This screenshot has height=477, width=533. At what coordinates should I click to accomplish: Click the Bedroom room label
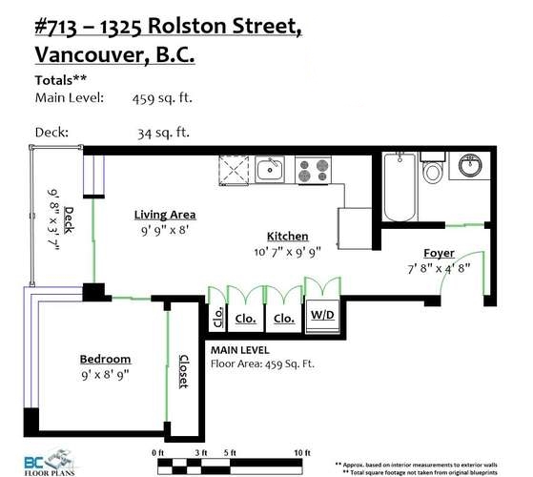(106, 359)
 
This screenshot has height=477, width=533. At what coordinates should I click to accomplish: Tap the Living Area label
(165, 215)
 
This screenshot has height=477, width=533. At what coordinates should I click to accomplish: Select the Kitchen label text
(288, 236)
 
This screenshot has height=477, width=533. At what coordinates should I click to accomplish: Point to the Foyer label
(439, 254)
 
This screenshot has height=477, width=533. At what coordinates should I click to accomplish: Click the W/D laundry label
(322, 315)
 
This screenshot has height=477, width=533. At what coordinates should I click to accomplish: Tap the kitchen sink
(270, 170)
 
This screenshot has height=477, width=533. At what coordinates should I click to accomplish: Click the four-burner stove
(313, 170)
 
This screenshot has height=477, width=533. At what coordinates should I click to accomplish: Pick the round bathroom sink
(470, 165)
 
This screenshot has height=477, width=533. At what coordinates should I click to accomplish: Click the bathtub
(400, 187)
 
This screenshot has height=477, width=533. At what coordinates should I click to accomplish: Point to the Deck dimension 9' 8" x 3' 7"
(53, 220)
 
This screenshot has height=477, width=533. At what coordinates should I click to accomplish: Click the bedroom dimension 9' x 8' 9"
(106, 375)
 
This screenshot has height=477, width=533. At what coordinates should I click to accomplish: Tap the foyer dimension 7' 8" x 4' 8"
(439, 269)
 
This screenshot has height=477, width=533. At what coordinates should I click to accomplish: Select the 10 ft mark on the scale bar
(302, 453)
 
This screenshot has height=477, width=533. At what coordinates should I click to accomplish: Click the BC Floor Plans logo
(50, 463)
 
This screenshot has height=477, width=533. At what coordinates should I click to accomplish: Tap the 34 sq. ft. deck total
(163, 133)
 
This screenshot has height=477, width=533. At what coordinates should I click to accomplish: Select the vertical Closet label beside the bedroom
(184, 371)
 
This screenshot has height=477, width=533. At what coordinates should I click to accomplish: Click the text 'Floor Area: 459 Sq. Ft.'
(262, 364)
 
